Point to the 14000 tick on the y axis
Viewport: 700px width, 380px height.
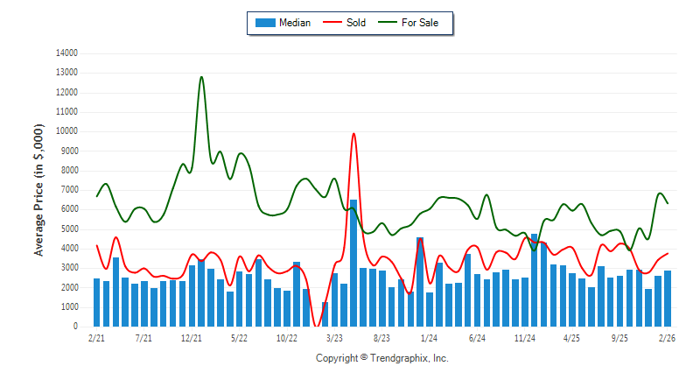[66, 53]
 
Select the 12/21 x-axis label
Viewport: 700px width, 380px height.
[192, 337]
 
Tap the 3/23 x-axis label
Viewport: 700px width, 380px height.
[333, 337]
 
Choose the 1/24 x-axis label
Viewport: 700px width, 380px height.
[429, 337]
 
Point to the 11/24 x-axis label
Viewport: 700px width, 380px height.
[524, 337]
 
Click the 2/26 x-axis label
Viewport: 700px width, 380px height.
[667, 337]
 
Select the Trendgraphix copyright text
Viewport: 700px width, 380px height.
[381, 358]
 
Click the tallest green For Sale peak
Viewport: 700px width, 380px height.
[202, 77]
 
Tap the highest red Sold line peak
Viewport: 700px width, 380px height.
[353, 134]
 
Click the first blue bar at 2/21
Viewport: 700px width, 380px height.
[96, 302]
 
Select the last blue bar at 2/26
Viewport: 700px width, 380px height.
[668, 299]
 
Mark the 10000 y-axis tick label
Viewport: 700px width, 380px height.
[66, 131]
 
